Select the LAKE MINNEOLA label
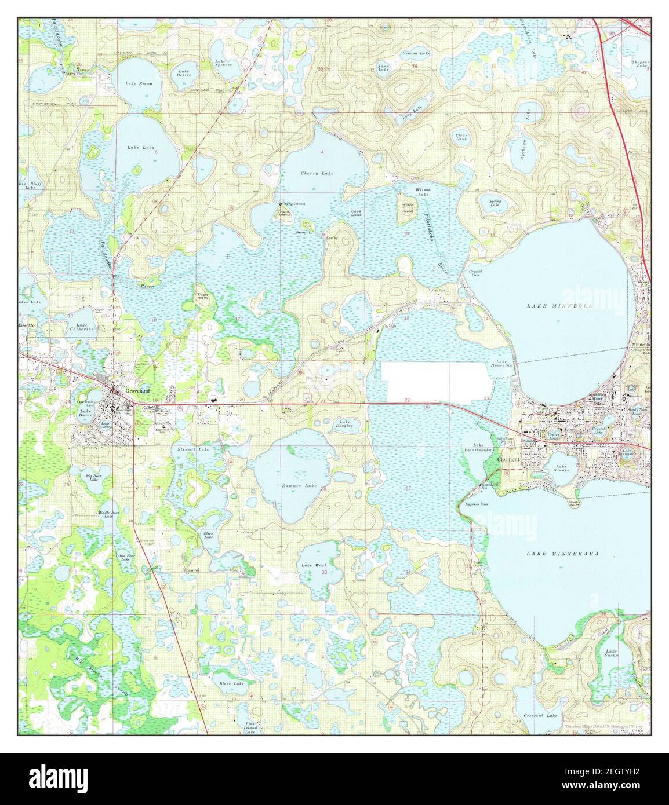point(559,305)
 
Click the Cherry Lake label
point(317,173)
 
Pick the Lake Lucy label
point(141,148)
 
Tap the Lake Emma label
point(139,84)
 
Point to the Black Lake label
point(231,684)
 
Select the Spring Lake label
point(495,203)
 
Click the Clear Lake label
point(461,137)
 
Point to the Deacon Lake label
point(416,53)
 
